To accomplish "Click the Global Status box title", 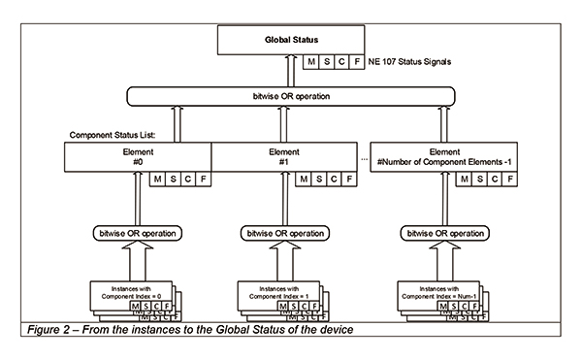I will pos(292,41).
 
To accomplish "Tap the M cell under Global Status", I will pos(311,62).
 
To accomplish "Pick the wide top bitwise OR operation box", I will pos(292,97).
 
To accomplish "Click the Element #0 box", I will pos(137,157).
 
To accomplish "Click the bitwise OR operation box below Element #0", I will pos(137,235).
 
